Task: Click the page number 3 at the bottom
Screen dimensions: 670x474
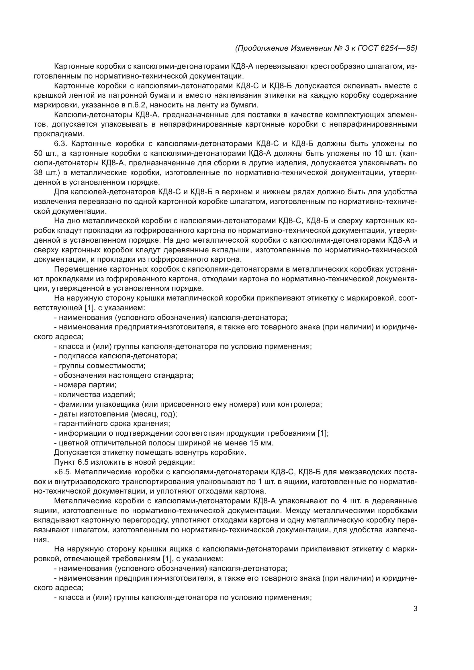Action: click(x=415, y=609)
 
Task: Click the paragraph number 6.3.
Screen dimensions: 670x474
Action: click(x=60, y=144)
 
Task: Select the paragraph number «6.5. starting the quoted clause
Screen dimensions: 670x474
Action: click(x=63, y=472)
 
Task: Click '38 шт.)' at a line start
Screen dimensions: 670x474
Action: click(x=47, y=173)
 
